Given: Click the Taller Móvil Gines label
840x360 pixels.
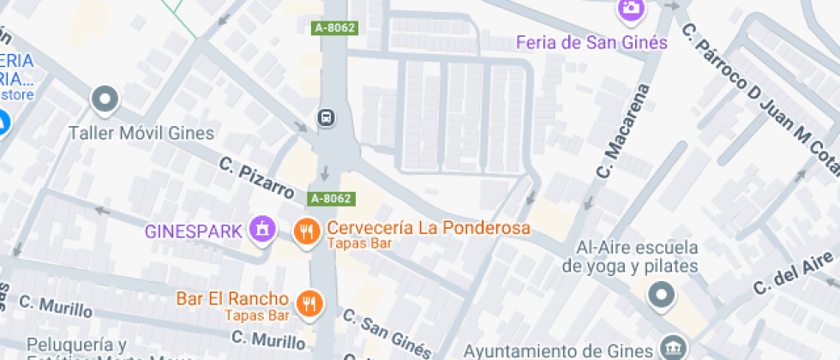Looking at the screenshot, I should pyautogui.click(x=141, y=134).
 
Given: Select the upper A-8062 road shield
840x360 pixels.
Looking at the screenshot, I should pyautogui.click(x=333, y=28).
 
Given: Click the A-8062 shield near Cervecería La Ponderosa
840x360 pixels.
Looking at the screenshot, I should pyautogui.click(x=331, y=199).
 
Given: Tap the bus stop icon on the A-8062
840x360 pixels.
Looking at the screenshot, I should pyautogui.click(x=327, y=117).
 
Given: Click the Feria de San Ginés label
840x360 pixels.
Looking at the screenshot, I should pyautogui.click(x=592, y=43).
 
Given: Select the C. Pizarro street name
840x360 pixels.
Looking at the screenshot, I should pyautogui.click(x=257, y=177).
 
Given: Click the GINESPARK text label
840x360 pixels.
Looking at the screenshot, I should pyautogui.click(x=193, y=231).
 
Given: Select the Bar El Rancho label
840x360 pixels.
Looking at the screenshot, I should pyautogui.click(x=231, y=299).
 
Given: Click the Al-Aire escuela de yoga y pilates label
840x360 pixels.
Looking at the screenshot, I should pyautogui.click(x=630, y=257).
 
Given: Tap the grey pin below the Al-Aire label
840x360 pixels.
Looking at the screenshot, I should pyautogui.click(x=661, y=296).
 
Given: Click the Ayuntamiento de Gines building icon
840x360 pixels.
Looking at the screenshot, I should pyautogui.click(x=670, y=349).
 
